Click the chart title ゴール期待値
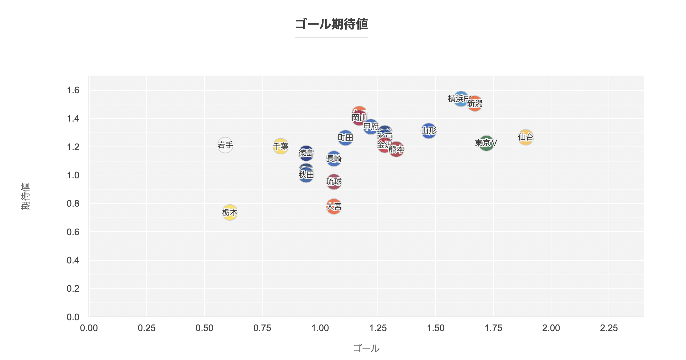click(332, 24)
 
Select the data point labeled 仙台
click(526, 137)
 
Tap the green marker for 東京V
click(486, 143)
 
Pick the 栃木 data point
click(230, 212)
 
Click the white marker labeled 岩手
click(225, 145)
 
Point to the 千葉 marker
click(281, 146)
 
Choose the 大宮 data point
click(334, 206)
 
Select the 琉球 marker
click(334, 182)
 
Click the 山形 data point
click(429, 131)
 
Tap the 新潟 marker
click(475, 103)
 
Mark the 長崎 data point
click(334, 159)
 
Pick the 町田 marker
click(345, 138)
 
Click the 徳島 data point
click(306, 153)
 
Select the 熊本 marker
click(397, 149)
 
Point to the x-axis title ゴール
click(366, 348)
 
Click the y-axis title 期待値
click(26, 196)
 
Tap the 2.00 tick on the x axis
click(551, 328)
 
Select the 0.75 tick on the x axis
click(262, 328)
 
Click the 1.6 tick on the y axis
click(73, 90)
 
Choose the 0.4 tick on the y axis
click(73, 260)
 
